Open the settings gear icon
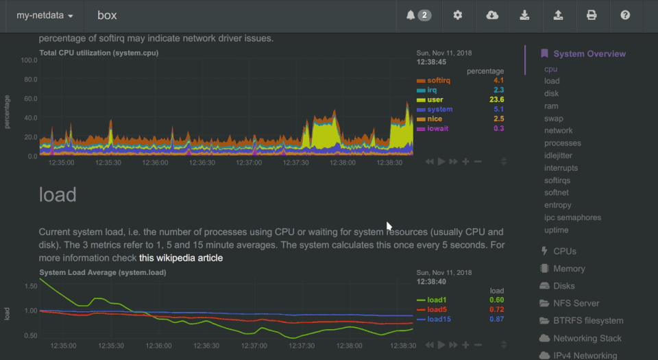[458, 15]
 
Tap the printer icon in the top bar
[591, 15]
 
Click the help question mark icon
[625, 15]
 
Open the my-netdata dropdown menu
[45, 15]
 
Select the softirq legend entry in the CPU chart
[438, 80]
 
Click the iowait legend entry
[437, 128]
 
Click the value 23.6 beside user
[496, 99]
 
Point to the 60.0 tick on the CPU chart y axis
[29, 99]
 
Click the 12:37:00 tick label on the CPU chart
[248, 163]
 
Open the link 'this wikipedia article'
[181, 259]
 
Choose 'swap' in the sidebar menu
[554, 119]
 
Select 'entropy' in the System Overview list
[558, 205]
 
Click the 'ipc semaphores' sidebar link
[572, 217]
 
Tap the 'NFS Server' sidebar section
[576, 303]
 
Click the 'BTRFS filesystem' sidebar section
[588, 320]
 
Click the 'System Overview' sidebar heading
[589, 53]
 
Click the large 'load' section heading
[58, 195]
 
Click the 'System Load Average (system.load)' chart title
[103, 272]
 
